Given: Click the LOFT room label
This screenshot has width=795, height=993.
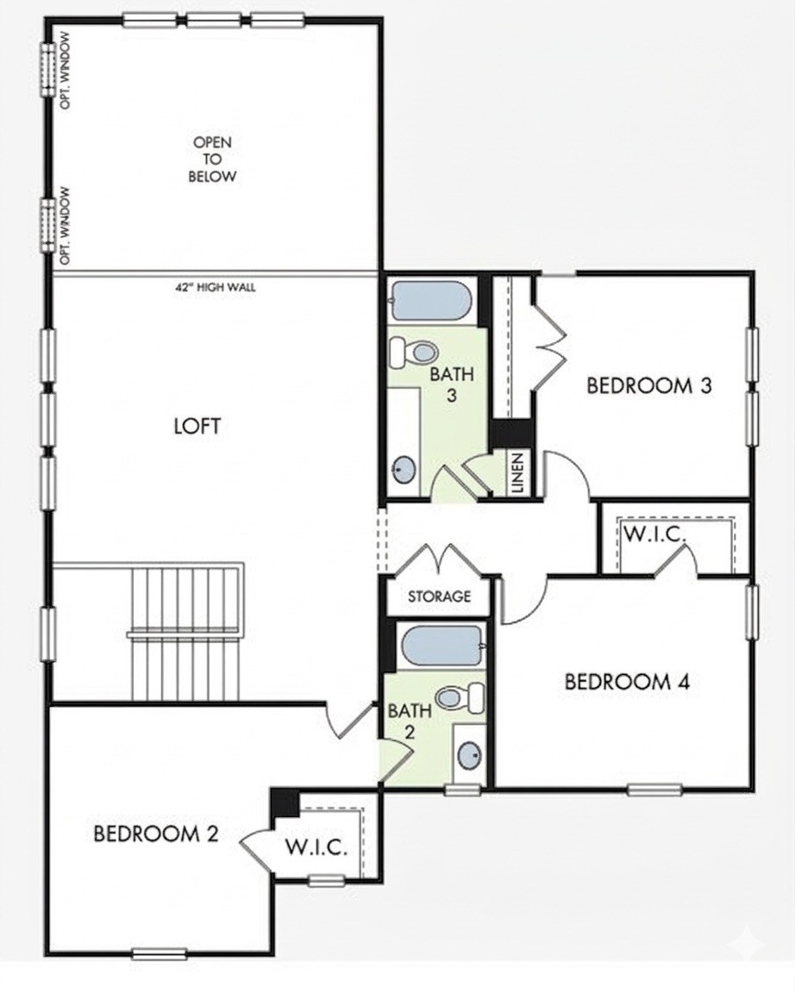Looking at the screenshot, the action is click(197, 426).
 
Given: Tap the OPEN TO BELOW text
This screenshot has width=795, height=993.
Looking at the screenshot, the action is click(212, 159).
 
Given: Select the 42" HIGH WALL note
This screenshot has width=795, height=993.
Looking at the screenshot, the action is click(216, 287).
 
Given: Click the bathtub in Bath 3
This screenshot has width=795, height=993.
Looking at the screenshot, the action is click(432, 301).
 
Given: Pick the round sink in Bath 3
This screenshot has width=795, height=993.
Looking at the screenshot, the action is click(403, 469).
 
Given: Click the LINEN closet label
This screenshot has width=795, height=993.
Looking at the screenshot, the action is click(517, 472).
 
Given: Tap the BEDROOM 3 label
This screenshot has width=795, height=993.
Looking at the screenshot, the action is click(649, 385).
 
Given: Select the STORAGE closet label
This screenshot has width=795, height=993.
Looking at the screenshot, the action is click(439, 596).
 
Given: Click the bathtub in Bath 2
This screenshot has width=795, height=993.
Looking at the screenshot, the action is click(442, 646).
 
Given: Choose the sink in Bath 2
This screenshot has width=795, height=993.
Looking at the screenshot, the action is click(470, 753).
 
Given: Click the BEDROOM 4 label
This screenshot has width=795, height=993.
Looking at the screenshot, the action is click(627, 682).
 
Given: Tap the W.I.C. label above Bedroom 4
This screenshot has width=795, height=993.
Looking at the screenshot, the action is click(655, 534).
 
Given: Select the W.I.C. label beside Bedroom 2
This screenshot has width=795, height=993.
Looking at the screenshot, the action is click(316, 846).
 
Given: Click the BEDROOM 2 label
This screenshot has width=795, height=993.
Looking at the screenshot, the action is click(156, 834).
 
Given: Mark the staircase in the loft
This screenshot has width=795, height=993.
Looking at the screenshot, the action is click(186, 633).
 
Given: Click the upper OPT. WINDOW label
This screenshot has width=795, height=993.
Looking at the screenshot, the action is click(66, 71).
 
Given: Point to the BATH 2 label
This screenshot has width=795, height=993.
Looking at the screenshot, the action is click(410, 721).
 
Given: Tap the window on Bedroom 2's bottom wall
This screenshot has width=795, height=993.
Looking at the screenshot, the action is click(159, 953).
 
